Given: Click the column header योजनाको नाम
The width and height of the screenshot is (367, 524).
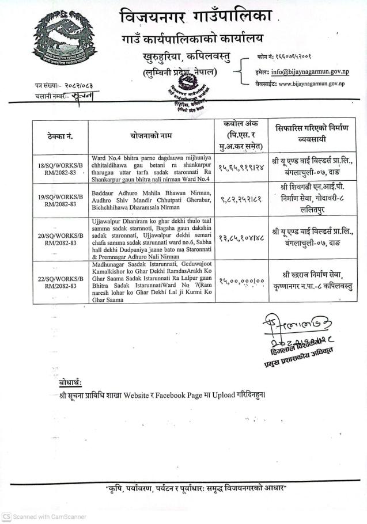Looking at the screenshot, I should click(x=152, y=136).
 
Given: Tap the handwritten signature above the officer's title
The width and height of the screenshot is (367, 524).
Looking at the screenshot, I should click(x=286, y=326).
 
